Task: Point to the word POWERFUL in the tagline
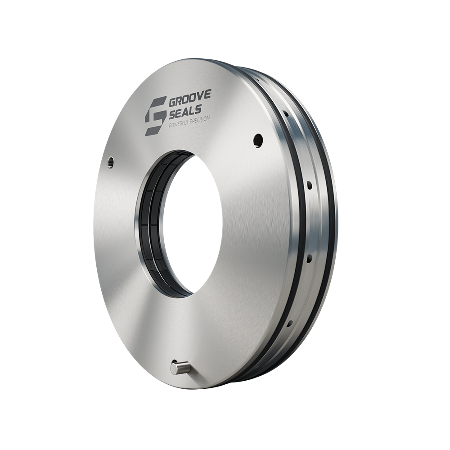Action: [x=179, y=123]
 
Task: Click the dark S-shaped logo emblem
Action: [x=155, y=116]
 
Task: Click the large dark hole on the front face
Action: [x=258, y=140]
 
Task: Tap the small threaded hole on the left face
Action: [x=111, y=162]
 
